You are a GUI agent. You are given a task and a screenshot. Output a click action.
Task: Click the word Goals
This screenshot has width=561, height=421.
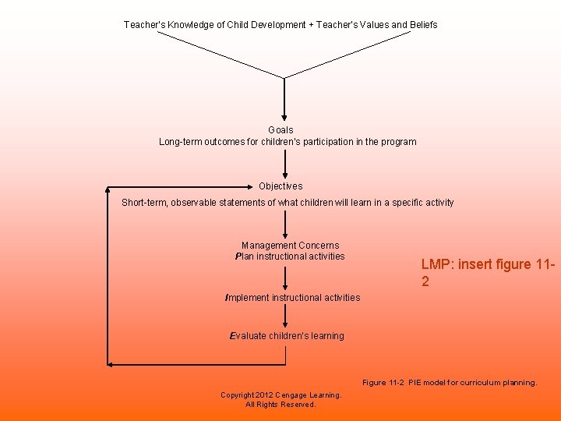click(x=280, y=129)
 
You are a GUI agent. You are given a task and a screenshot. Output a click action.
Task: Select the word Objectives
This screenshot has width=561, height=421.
click(x=280, y=186)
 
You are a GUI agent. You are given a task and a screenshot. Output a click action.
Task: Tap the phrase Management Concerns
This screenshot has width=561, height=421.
click(x=290, y=246)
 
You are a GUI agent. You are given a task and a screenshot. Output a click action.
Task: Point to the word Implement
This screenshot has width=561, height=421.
click(x=246, y=298)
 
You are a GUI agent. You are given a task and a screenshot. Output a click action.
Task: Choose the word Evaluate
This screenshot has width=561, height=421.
click(x=249, y=336)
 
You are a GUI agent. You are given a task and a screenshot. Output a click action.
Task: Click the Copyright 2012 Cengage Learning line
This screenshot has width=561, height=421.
click(x=280, y=395)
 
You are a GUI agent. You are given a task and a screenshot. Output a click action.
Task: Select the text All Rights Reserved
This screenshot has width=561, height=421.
click(x=280, y=405)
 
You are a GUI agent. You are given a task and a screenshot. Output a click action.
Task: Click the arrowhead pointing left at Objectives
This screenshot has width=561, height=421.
click(x=110, y=187)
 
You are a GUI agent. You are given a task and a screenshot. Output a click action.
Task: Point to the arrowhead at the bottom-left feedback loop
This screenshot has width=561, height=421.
click(x=111, y=364)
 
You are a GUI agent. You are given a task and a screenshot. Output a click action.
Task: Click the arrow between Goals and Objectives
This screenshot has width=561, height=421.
click(x=285, y=165)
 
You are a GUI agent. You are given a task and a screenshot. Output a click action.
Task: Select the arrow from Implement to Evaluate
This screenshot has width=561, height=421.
click(x=285, y=316)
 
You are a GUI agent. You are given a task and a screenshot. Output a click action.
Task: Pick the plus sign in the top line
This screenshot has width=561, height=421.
click(x=312, y=25)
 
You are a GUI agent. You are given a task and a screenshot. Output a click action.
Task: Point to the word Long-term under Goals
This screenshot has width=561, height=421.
click(x=181, y=142)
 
